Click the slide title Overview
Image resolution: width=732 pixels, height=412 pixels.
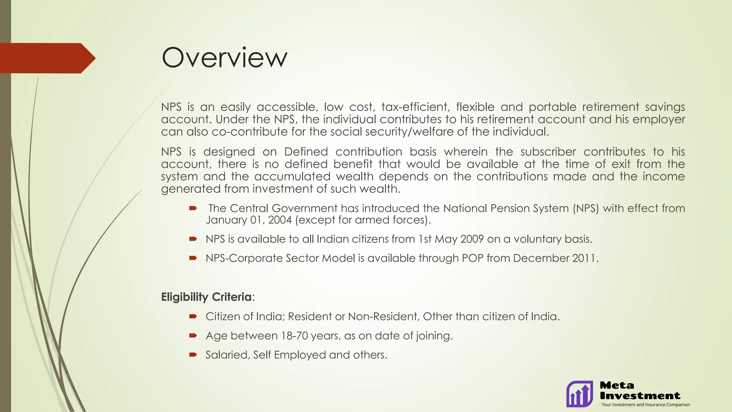click(x=224, y=58)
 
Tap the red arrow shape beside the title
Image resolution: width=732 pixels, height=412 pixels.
click(x=46, y=58)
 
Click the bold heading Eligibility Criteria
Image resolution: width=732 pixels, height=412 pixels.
click(x=207, y=297)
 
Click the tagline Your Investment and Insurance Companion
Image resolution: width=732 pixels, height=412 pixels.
click(x=646, y=405)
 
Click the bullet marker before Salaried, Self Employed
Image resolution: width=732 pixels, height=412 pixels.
click(x=193, y=355)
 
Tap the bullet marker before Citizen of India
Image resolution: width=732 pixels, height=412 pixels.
click(x=193, y=317)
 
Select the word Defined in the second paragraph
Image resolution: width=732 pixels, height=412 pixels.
click(x=306, y=152)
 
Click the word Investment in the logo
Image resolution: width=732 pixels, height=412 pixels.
click(x=640, y=396)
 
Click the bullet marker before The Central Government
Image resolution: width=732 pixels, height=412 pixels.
click(x=193, y=208)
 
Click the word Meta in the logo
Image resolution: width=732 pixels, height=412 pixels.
click(x=617, y=386)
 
